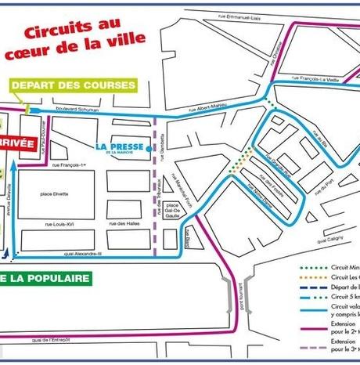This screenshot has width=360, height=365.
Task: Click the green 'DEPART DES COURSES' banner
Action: click(x=74, y=85)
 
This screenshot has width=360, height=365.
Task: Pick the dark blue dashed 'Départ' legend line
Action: click(x=312, y=287)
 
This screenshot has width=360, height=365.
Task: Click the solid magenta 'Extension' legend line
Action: click(x=312, y=321)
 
